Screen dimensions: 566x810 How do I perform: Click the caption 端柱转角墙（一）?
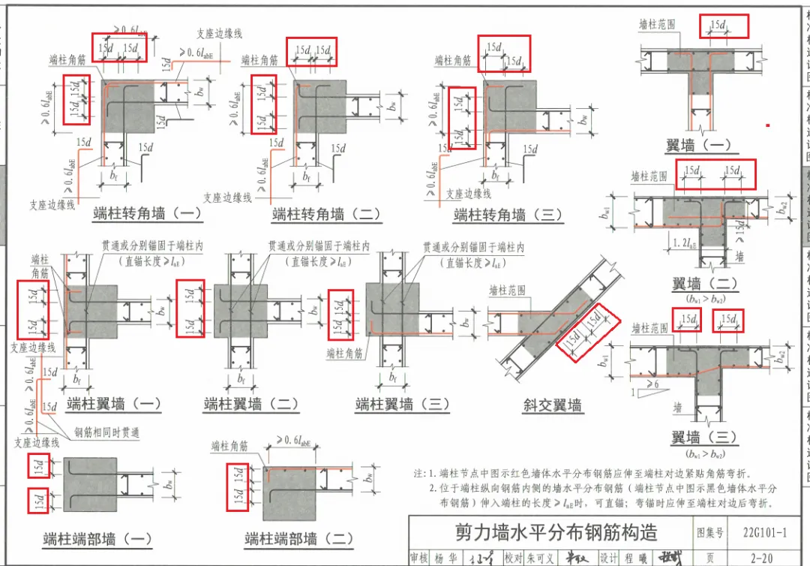coord(148,213)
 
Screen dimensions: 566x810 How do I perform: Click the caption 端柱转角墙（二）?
coord(327,214)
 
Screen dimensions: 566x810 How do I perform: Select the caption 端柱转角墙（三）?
coord(508,215)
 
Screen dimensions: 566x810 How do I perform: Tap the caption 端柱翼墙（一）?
coord(113,404)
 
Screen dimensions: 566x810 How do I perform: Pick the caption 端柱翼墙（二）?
coord(251,405)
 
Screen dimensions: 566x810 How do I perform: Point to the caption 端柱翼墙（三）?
coord(403,405)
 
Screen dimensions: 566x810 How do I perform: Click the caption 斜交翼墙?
coord(552,405)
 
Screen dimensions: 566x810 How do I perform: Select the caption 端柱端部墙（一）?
coord(97,538)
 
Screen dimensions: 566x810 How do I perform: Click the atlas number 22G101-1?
coord(765,533)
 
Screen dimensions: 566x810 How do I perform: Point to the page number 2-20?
coord(760,558)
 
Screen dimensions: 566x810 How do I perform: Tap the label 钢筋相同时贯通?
coord(106,433)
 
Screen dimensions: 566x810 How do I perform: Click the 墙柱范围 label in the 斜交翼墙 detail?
coord(507,290)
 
